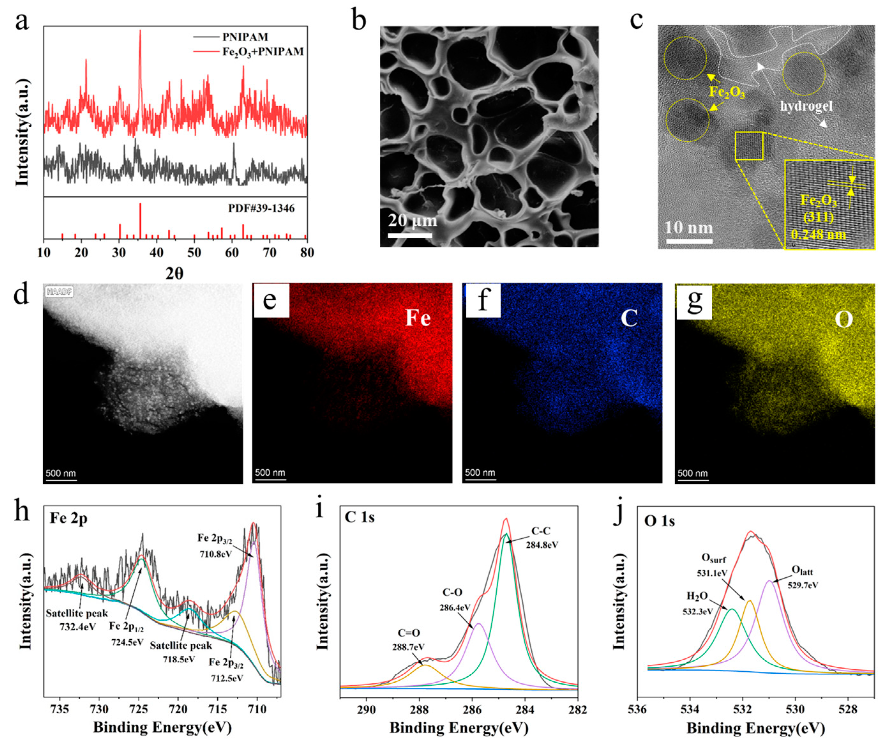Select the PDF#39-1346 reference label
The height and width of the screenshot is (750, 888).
tap(261, 208)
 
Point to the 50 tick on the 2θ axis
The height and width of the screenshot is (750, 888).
tap(194, 252)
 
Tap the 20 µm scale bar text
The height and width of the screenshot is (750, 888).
tap(412, 220)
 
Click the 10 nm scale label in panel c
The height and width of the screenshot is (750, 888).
tap(689, 228)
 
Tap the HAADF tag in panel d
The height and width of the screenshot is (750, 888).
tap(59, 292)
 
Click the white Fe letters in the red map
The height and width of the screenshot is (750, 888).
tap(418, 317)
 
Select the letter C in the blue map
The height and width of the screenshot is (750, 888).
tap(629, 318)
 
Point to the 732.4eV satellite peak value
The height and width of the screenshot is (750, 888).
tap(77, 627)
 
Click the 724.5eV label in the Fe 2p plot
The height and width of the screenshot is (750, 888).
tap(126, 641)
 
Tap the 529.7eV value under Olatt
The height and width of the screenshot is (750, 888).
tap(802, 585)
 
